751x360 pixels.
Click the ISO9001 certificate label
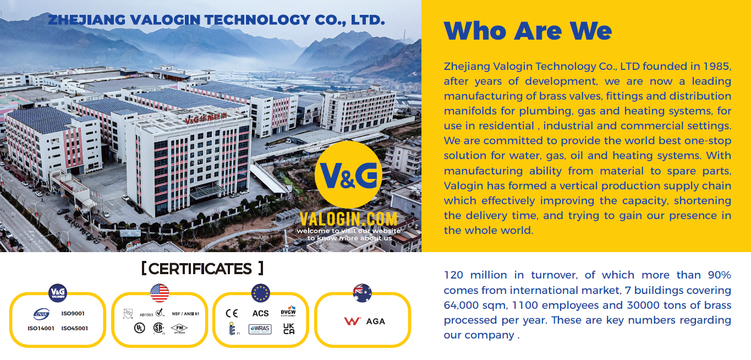[73, 314]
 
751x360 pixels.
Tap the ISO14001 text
[41, 329]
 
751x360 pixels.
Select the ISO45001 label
[75, 329]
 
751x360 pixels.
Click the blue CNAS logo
[41, 314]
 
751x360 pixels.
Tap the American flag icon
[160, 293]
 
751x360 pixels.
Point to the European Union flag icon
[261, 293]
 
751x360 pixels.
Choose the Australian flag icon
[362, 293]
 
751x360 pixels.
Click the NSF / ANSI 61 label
[185, 314]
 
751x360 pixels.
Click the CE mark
[232, 313]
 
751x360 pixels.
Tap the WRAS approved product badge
[260, 329]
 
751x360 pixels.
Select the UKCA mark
[289, 329]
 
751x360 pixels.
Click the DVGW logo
[288, 312]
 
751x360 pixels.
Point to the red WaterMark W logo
[352, 321]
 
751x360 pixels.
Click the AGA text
[376, 321]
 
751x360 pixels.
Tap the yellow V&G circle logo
[348, 174]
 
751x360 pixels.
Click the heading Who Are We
[528, 30]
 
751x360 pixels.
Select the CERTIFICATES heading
[202, 269]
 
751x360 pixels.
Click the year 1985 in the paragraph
[717, 67]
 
